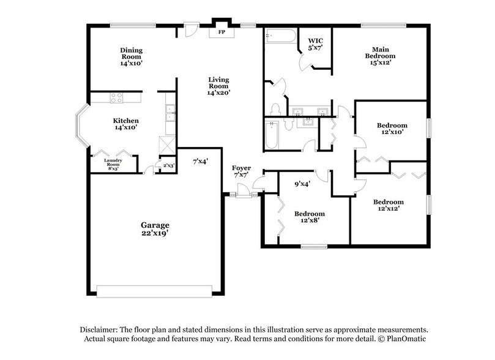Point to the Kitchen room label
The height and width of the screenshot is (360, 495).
tap(125, 121)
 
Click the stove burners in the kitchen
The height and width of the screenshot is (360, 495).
tap(117, 97)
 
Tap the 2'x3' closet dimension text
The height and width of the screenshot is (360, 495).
tap(167, 165)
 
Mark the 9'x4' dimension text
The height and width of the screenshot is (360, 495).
tap(302, 184)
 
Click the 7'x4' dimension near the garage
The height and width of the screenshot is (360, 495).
tap(200, 162)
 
